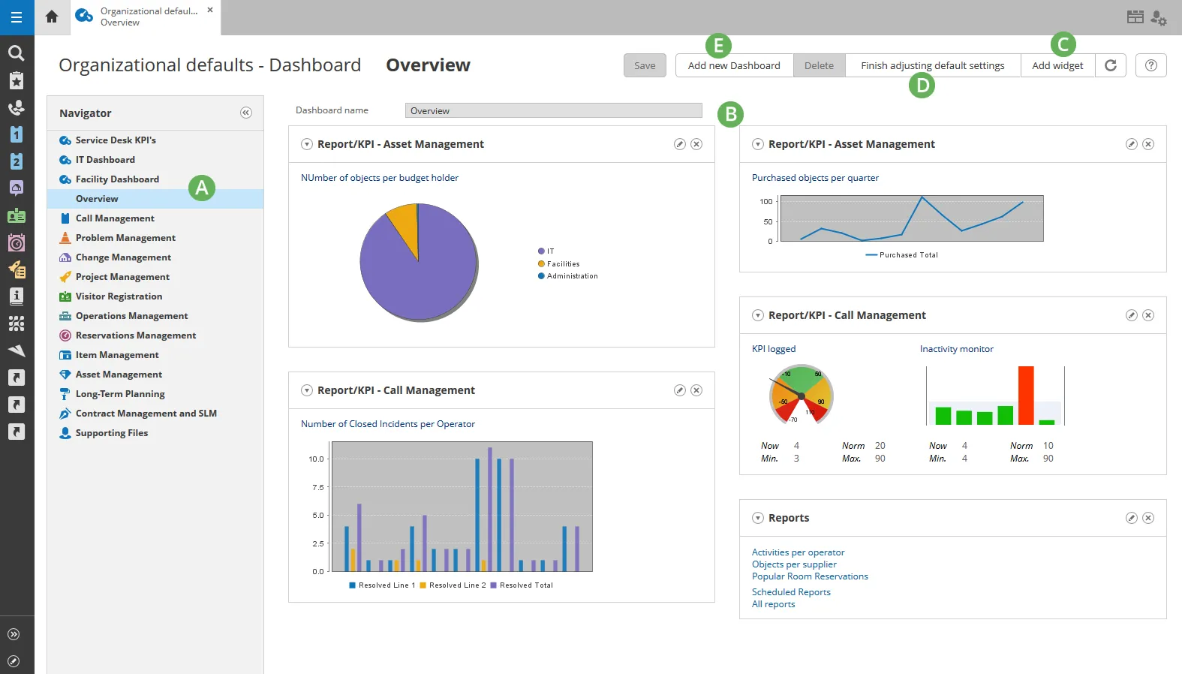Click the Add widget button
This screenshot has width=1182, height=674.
[1057, 65]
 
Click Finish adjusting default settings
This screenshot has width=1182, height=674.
[932, 65]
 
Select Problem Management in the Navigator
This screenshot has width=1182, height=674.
[125, 237]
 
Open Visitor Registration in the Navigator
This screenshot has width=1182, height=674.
[119, 296]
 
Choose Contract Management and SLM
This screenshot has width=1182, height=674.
[146, 414]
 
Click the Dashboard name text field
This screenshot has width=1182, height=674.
[554, 110]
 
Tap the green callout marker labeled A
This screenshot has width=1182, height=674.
[202, 188]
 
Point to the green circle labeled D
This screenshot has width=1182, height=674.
[922, 86]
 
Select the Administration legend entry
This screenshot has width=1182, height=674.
[568, 276]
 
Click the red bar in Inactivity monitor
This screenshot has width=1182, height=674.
[1026, 396]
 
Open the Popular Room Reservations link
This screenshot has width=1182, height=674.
[810, 576]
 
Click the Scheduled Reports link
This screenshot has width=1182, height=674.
[791, 592]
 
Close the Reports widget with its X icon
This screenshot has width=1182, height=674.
[1148, 518]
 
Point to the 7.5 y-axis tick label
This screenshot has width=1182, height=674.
[317, 487]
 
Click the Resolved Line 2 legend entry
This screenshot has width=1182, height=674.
[453, 585]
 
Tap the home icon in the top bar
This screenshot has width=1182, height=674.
[52, 17]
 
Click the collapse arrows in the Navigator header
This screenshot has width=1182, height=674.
[246, 113]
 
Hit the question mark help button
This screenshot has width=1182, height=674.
[1151, 65]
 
